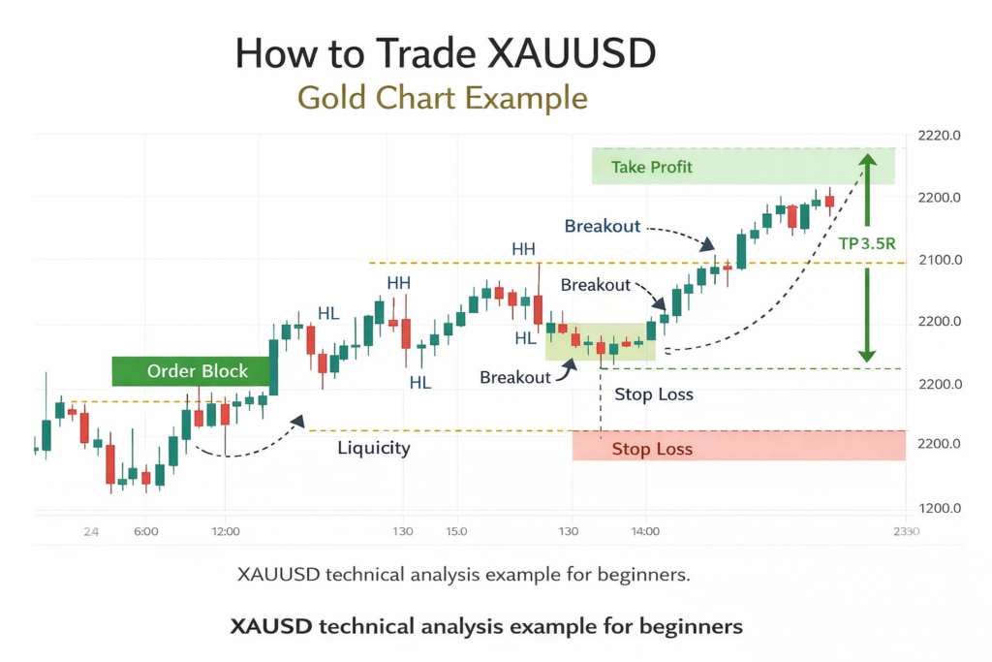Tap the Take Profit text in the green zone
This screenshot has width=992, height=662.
[652, 168]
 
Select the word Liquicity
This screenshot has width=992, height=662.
[374, 448]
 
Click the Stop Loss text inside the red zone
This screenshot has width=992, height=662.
[652, 449]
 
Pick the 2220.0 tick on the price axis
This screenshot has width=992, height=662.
[938, 136]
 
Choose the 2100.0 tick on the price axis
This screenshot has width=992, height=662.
[938, 260]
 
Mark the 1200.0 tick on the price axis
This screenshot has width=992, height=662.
[938, 508]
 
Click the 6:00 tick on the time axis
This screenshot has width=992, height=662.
[146, 531]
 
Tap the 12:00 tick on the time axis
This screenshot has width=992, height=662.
[225, 531]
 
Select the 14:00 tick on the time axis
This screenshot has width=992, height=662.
[645, 531]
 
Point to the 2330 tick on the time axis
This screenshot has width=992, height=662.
[906, 531]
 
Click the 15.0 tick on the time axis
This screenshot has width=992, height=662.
[456, 531]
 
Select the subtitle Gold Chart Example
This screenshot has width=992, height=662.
[442, 99]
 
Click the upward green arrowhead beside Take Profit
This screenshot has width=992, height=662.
[868, 163]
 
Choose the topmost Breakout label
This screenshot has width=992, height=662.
[603, 226]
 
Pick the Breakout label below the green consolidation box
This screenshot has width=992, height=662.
[514, 377]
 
